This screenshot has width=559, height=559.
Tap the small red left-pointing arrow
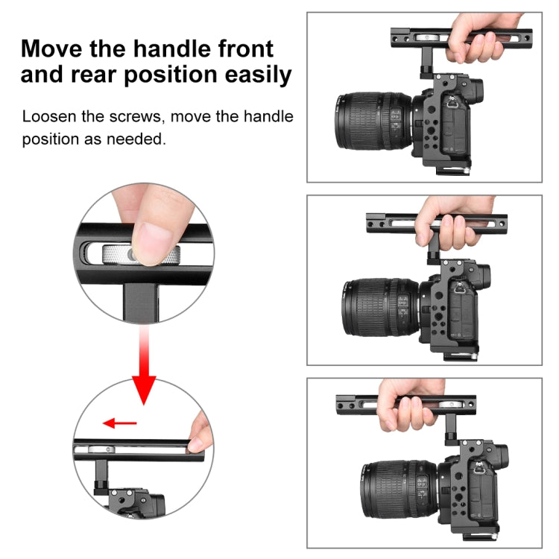tap(120, 423)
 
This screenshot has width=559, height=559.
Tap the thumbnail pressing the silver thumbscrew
tap(154, 240)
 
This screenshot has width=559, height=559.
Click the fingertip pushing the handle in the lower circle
tap(199, 432)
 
